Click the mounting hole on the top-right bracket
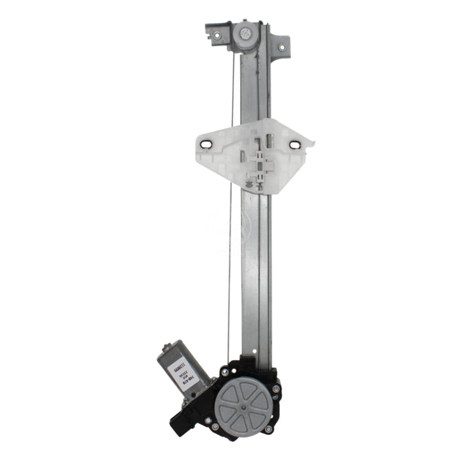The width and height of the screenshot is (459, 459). tap(283, 47)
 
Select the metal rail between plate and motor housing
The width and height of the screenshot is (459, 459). tap(254, 275)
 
